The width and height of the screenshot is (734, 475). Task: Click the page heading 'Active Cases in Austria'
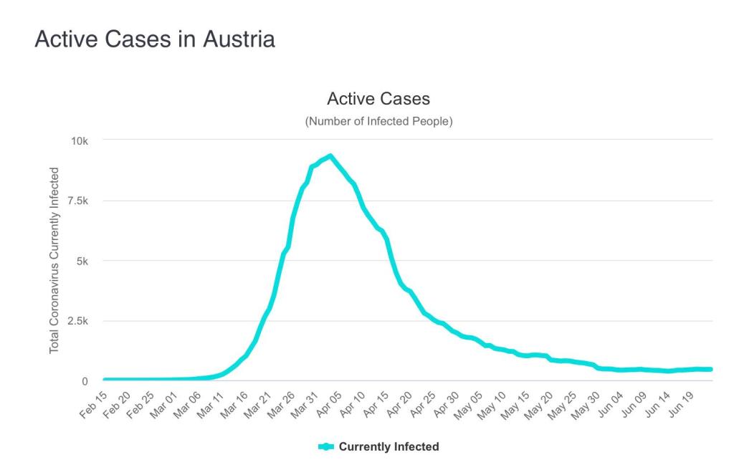154,39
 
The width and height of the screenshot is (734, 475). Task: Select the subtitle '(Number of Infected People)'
378,121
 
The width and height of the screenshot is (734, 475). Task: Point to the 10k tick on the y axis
78,140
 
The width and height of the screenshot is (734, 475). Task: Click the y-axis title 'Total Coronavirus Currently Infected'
54,260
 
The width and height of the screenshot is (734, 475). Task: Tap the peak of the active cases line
330,155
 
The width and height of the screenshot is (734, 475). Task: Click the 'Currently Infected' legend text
389,447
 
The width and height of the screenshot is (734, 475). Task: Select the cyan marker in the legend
326,447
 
